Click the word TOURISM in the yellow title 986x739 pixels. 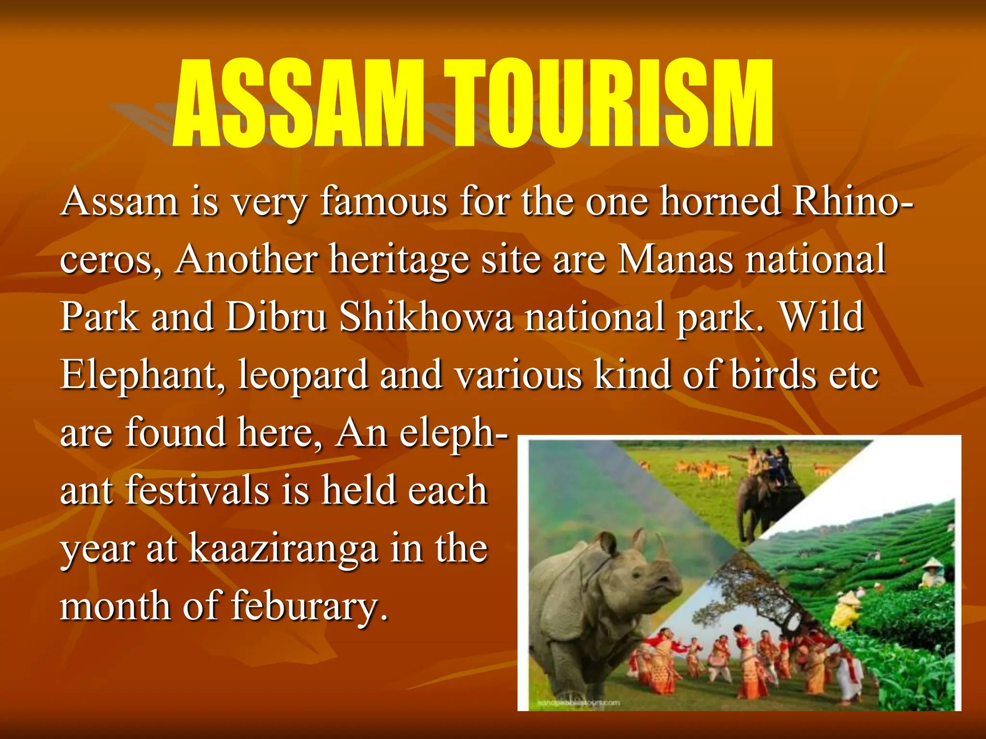(608, 103)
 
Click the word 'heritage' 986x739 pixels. (399, 260)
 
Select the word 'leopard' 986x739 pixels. (303, 376)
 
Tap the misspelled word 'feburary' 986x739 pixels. (309, 606)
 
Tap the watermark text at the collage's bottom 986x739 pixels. (578, 703)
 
